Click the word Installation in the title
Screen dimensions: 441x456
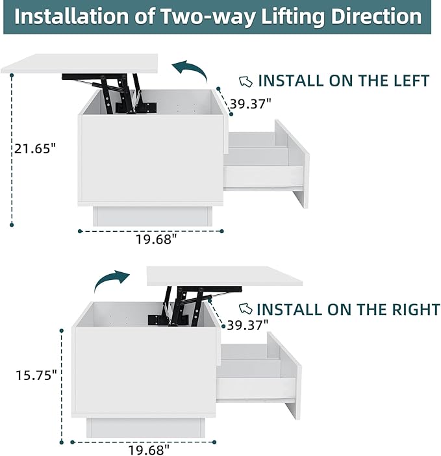[71, 16]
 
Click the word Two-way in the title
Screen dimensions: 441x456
[208, 17]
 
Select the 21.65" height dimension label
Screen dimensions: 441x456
[35, 149]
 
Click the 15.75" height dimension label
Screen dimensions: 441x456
[36, 375]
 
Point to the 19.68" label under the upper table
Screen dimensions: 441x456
[157, 240]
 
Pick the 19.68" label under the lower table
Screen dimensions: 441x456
[148, 450]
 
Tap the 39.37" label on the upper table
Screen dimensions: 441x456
[251, 104]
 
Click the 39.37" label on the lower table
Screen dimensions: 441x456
[247, 325]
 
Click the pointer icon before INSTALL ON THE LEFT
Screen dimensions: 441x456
[246, 81]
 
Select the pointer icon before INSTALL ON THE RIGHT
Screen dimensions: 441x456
[246, 309]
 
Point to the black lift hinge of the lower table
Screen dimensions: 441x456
[194, 306]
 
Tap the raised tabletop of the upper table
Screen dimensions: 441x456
[79, 64]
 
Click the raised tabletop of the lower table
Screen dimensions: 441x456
[225, 275]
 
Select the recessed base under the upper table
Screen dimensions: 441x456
[153, 216]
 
